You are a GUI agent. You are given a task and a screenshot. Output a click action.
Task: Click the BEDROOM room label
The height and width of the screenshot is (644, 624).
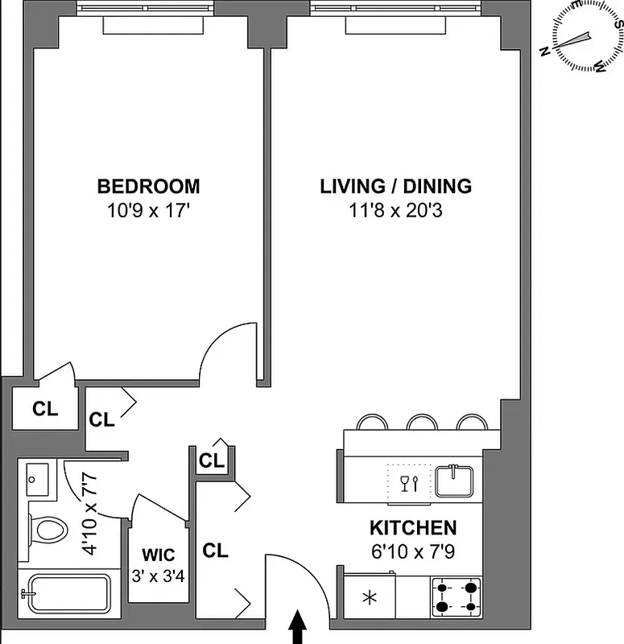click(x=148, y=187)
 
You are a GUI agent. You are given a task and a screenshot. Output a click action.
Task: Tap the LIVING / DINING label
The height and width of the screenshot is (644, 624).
click(x=395, y=187)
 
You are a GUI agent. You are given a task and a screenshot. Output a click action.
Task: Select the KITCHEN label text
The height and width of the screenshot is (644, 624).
click(x=413, y=528)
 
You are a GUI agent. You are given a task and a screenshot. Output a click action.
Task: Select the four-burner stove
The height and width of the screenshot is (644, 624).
click(x=456, y=597)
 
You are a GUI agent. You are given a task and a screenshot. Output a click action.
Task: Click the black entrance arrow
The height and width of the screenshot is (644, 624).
click(x=297, y=627)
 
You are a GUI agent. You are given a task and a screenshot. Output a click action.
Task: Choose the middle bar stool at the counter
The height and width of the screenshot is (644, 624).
click(x=421, y=422)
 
